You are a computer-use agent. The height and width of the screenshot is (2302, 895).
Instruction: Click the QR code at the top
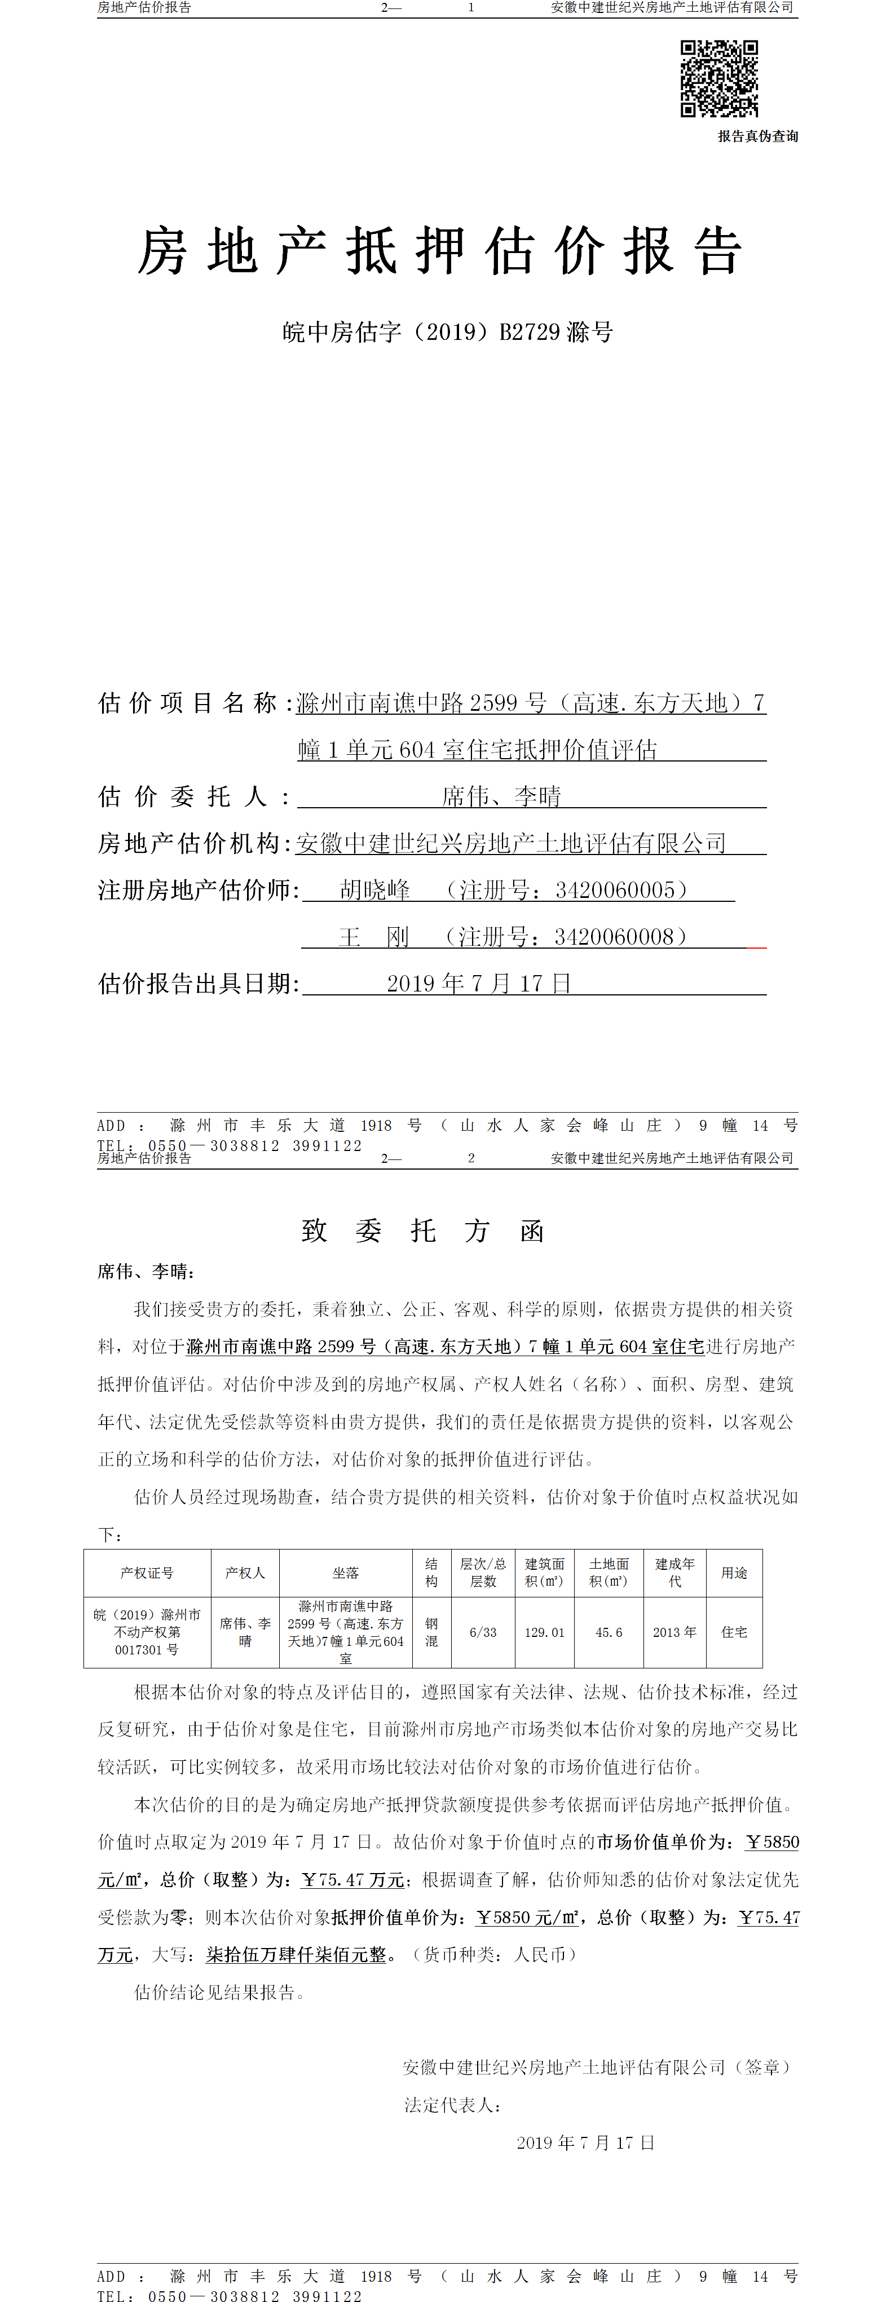click(x=719, y=79)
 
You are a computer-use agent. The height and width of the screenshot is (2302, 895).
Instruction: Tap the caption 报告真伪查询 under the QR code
click(x=757, y=137)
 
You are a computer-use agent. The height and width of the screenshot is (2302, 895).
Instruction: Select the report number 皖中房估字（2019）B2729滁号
click(x=447, y=333)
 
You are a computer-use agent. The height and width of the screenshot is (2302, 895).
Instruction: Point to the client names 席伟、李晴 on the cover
click(x=501, y=796)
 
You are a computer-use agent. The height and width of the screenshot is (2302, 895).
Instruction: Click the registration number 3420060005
click(x=615, y=890)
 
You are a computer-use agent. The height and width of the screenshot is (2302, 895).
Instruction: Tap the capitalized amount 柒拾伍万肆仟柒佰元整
click(x=296, y=1954)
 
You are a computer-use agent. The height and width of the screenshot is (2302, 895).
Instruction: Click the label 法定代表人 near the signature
click(x=452, y=2105)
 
